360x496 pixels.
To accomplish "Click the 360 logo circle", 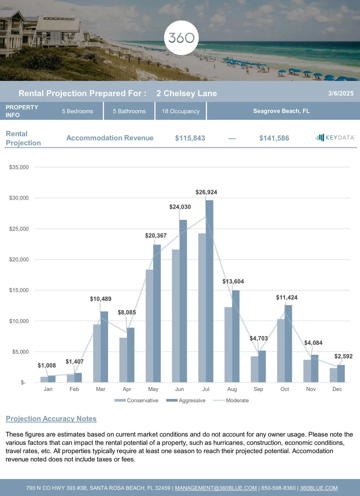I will (x=181, y=38).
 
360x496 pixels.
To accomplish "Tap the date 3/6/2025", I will (x=341, y=93).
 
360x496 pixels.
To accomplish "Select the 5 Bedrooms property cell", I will (x=77, y=111).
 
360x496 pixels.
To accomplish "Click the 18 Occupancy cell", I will (x=181, y=111).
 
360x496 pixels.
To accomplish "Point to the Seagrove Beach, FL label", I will (x=281, y=111).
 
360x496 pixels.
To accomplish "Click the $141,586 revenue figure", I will (x=274, y=138).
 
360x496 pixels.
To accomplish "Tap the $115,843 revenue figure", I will (x=190, y=138).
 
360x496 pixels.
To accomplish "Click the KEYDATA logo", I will (x=335, y=137).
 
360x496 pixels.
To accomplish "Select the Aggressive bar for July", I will (x=210, y=290).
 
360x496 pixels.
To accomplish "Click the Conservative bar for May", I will (x=149, y=326).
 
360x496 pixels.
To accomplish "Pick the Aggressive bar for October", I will (x=288, y=344).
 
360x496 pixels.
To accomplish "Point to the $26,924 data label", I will (x=206, y=192).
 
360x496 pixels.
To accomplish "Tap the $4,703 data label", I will (x=259, y=338).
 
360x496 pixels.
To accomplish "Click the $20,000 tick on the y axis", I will (x=19, y=259).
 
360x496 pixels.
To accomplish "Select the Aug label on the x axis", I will (x=232, y=389).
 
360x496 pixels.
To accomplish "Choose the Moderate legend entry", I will (x=237, y=400).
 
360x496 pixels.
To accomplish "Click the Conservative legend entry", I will (x=142, y=400).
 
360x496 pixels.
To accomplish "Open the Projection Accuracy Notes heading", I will (x=51, y=419).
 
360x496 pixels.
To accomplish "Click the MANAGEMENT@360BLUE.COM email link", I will (x=216, y=488).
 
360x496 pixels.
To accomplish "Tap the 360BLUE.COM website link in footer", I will (x=319, y=488).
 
